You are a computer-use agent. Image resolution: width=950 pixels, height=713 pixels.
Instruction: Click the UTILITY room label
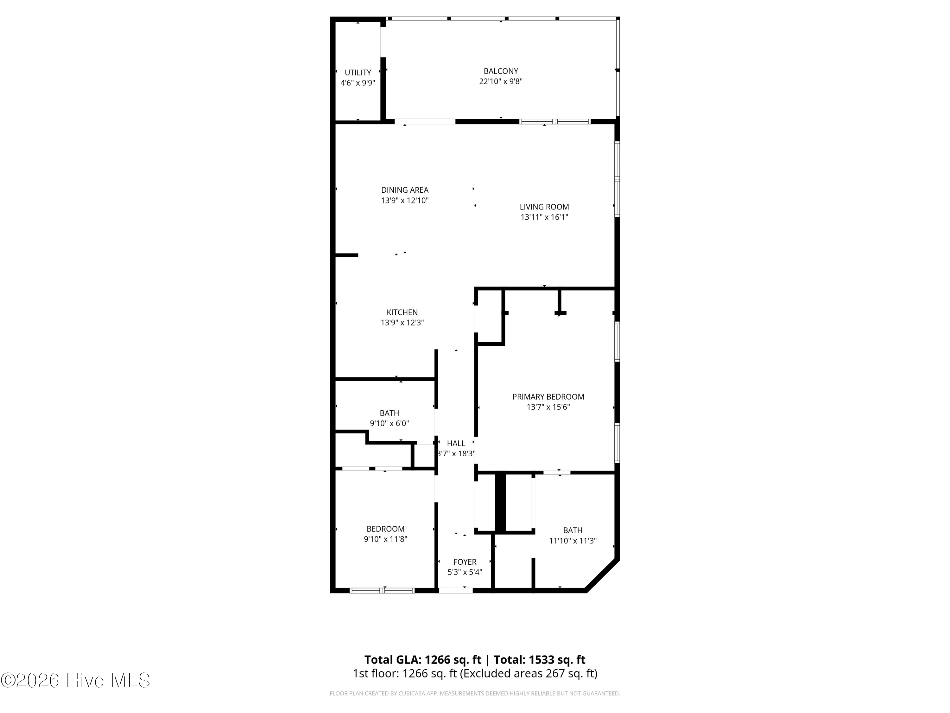click(358, 73)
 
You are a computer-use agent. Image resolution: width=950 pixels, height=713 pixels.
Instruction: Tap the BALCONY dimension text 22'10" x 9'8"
click(500, 81)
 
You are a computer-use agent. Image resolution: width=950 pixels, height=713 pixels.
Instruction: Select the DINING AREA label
click(405, 190)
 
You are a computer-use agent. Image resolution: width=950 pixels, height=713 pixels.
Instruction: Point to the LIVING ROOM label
click(544, 207)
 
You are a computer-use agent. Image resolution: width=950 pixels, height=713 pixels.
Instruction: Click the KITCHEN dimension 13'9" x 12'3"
click(402, 323)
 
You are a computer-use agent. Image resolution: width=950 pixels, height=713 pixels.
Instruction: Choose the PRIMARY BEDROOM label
click(548, 397)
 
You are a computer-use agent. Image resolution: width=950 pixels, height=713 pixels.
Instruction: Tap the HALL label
click(456, 443)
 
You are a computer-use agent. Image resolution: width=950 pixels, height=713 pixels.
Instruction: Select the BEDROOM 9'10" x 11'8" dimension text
click(385, 539)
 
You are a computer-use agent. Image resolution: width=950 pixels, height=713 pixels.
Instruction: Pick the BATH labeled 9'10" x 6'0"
click(389, 413)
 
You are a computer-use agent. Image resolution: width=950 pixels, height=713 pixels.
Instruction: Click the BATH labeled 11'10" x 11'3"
click(573, 530)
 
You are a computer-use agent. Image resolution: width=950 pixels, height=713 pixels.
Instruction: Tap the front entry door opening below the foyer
click(455, 590)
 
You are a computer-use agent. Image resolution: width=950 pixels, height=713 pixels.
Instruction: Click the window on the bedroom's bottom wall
click(382, 590)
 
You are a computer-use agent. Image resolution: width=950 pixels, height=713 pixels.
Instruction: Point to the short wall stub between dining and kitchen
click(346, 255)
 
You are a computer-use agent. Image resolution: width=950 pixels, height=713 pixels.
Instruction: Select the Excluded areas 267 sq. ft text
click(528, 673)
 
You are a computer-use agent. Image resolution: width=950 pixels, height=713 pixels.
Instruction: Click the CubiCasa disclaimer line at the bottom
click(475, 693)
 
